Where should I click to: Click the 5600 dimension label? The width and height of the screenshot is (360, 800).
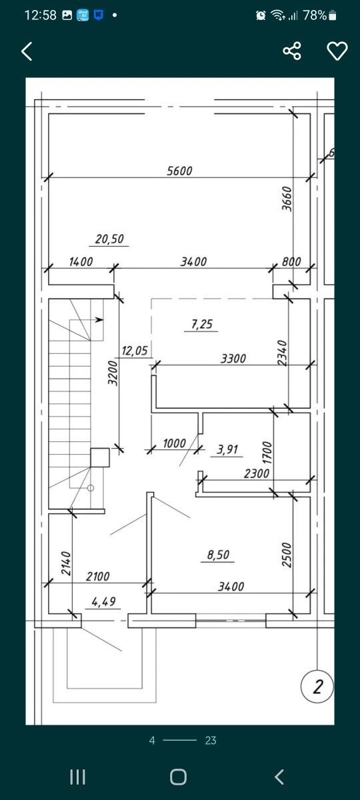pos(179,171)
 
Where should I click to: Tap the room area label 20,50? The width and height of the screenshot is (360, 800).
pos(109,239)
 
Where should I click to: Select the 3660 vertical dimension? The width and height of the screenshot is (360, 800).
pos(287,199)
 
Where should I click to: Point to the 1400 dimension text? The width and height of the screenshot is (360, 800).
pos(81,262)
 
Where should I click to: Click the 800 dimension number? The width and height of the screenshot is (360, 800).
pos(291,262)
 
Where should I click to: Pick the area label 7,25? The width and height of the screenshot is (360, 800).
pos(202,324)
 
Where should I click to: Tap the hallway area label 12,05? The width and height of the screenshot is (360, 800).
pos(135,351)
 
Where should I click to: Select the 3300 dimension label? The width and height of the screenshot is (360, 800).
pos(233,359)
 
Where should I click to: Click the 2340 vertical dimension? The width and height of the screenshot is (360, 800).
pos(282,353)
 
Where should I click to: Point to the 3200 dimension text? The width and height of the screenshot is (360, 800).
pos(113,373)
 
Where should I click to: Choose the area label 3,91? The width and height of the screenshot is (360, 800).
pos(227,449)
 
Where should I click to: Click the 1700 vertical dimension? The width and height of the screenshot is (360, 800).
pos(267,453)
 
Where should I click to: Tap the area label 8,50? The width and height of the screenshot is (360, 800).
pos(218,555)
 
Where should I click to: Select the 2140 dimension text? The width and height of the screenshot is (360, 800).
pos(66,563)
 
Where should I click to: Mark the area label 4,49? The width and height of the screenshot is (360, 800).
pos(103,602)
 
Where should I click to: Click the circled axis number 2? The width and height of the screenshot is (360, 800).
pos(317,687)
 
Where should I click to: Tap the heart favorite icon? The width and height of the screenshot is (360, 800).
pos(337,51)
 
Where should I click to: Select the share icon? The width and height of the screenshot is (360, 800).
pos(292,51)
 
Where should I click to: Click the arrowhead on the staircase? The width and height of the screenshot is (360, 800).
pos(99,319)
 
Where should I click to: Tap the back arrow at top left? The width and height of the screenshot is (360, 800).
pos(27,51)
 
